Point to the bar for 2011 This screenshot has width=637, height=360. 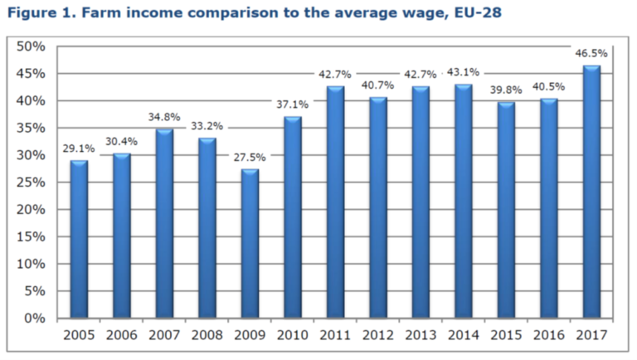[x=335, y=202]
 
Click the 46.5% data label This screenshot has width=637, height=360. [x=591, y=53]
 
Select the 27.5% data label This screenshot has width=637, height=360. [x=250, y=156]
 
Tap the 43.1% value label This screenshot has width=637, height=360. [x=463, y=72]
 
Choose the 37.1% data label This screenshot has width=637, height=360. [x=293, y=105]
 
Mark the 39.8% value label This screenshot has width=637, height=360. [x=505, y=90]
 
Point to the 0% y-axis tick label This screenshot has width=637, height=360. [x=34, y=319]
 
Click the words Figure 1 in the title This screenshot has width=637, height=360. [x=34, y=13]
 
